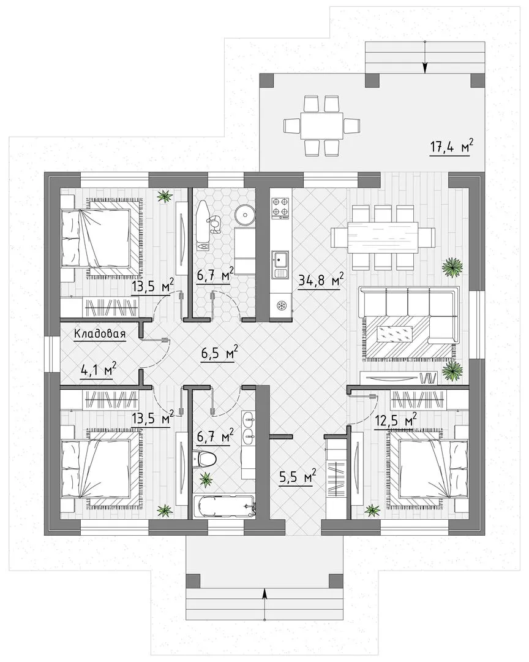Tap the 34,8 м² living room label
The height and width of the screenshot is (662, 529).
click(321, 280)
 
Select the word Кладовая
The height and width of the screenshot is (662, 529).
click(100, 333)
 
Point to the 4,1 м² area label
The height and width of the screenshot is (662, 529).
click(98, 370)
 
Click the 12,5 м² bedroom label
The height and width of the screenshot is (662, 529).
click(396, 421)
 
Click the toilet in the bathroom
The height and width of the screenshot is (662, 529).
click(204, 458)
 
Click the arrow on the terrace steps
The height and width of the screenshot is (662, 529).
click(425, 57)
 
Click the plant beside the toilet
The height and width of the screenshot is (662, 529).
click(206, 479)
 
